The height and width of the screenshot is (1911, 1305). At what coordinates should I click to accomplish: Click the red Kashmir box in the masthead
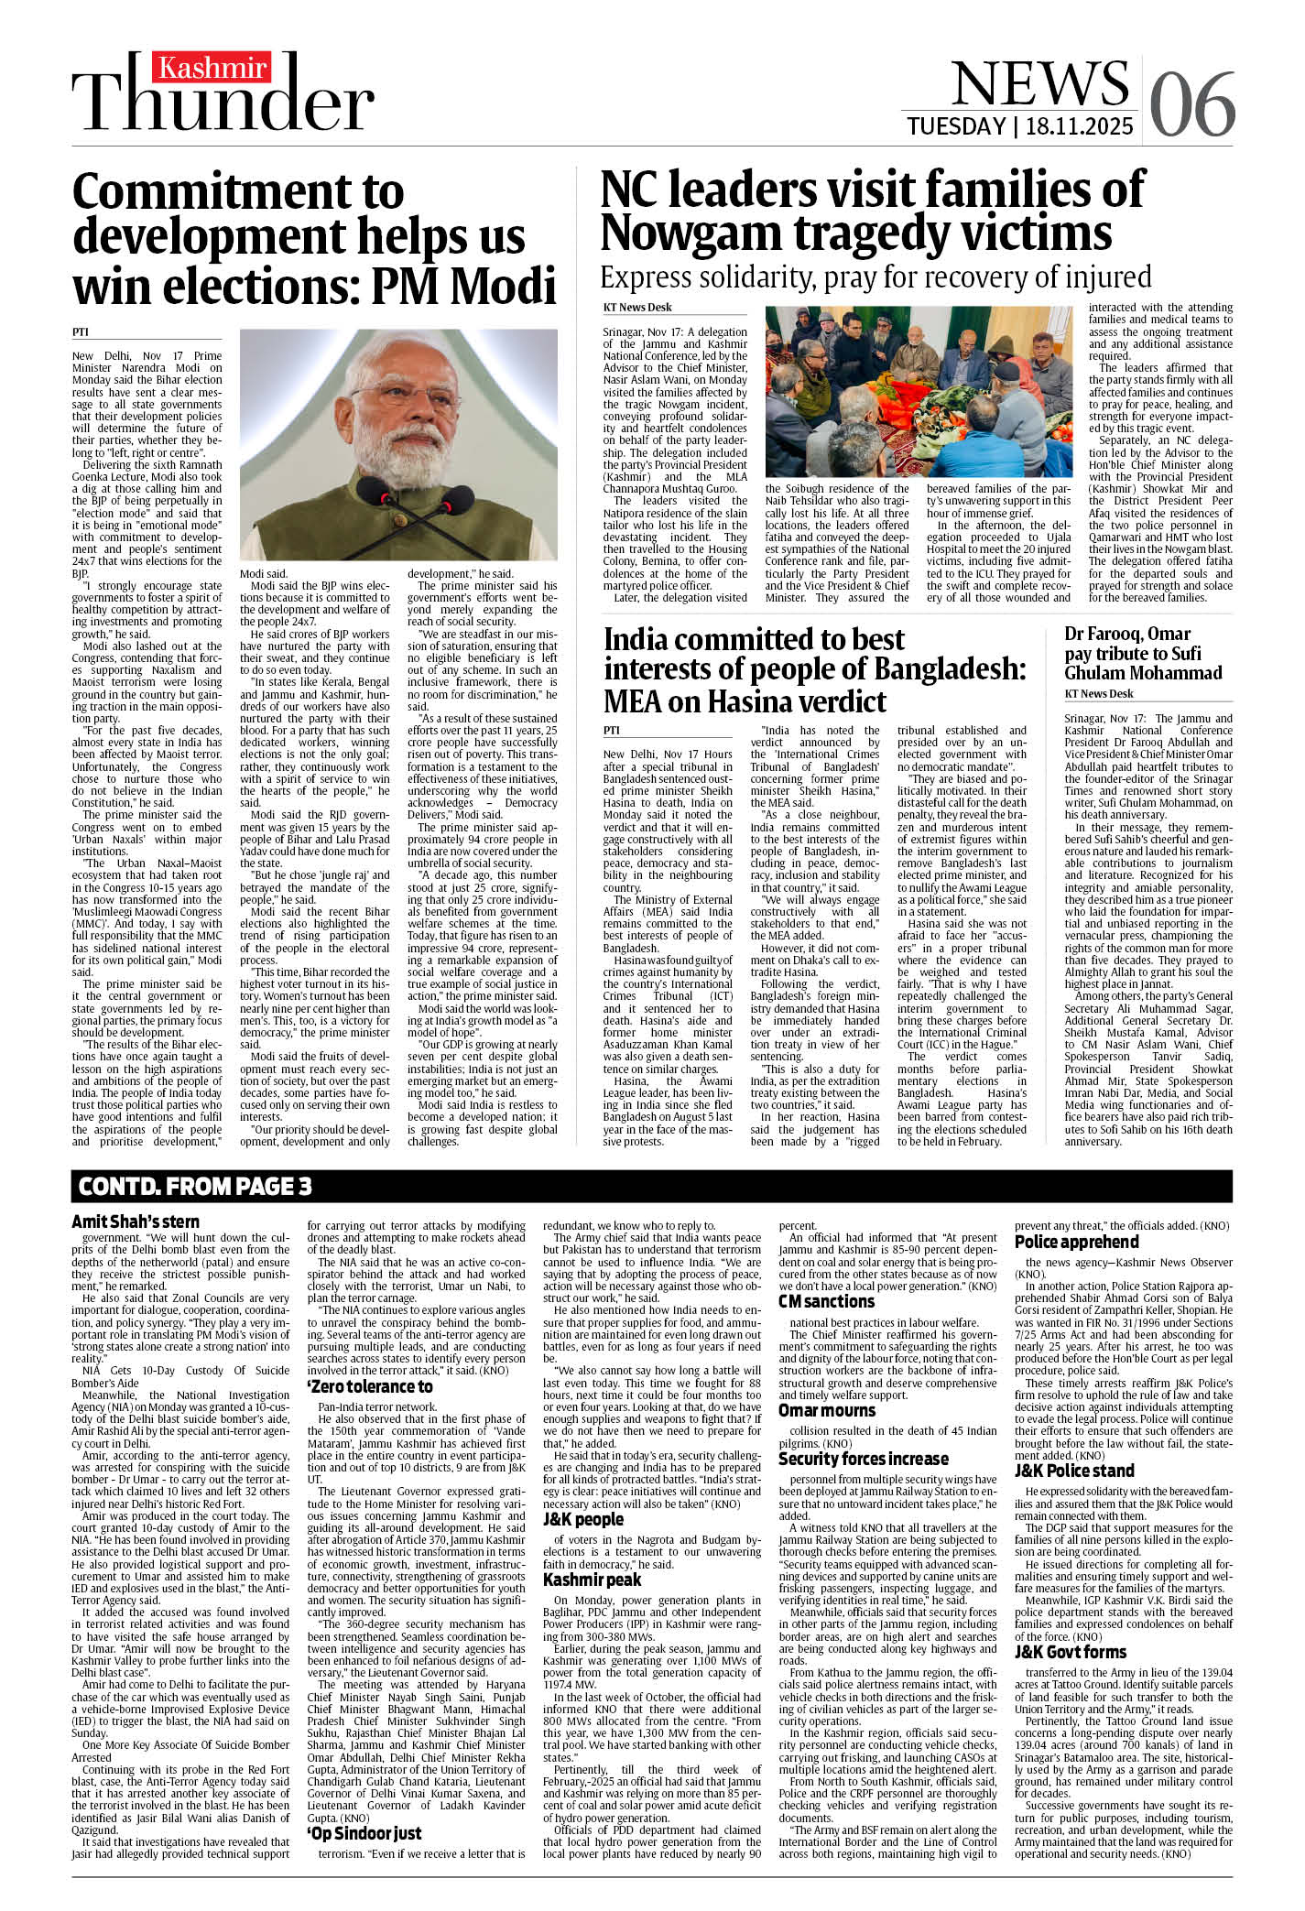212,68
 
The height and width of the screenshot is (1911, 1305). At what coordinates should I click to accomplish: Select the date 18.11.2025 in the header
1080,126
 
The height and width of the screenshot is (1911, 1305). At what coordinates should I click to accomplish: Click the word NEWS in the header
1039,84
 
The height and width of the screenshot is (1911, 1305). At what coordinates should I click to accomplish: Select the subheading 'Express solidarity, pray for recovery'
875,277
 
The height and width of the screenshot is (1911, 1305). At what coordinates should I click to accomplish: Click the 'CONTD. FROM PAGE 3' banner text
195,1187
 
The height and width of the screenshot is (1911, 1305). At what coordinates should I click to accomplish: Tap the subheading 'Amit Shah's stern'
136,1222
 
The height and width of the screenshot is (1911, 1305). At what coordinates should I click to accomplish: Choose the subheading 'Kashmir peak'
592,1580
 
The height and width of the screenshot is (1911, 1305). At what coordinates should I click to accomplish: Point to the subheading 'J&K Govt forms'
1071,1653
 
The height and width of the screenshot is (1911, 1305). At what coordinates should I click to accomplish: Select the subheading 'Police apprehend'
1076,1242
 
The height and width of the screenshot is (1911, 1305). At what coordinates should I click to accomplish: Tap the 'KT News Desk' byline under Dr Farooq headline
1098,694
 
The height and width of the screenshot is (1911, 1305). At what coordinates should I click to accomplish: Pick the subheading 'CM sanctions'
826,1302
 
